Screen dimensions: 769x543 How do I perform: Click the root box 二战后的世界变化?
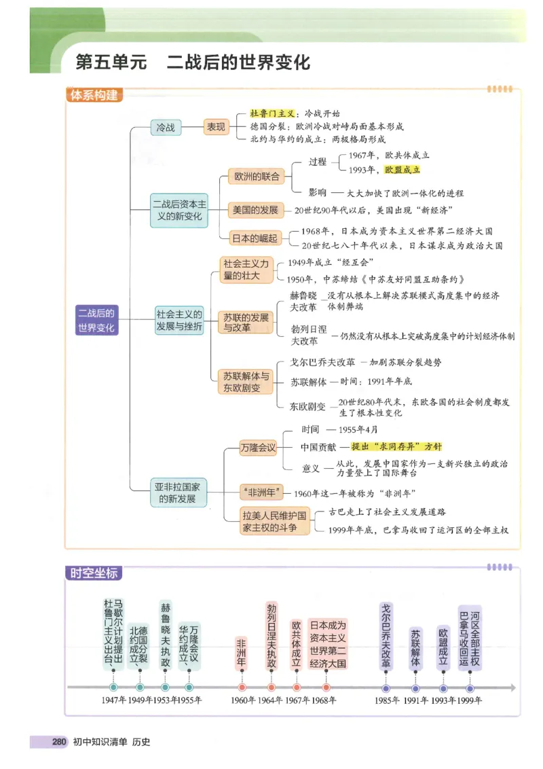click(x=96, y=320)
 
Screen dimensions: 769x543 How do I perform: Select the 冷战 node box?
click(x=166, y=127)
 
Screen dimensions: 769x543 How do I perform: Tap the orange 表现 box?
click(x=217, y=127)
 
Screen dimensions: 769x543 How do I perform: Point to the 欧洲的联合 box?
click(x=257, y=177)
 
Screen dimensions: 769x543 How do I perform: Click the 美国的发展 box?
click(x=257, y=210)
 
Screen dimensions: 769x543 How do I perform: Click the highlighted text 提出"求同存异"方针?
click(x=396, y=446)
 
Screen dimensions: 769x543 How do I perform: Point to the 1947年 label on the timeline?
click(x=113, y=700)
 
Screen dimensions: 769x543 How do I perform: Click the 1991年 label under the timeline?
click(x=415, y=700)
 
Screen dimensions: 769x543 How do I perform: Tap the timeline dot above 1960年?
click(x=242, y=687)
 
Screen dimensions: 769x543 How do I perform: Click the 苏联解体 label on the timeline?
click(x=415, y=647)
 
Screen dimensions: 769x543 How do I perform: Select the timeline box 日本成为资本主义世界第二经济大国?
click(x=328, y=644)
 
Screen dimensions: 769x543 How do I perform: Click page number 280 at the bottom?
click(x=58, y=742)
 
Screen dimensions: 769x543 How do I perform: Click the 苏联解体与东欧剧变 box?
click(x=246, y=382)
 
